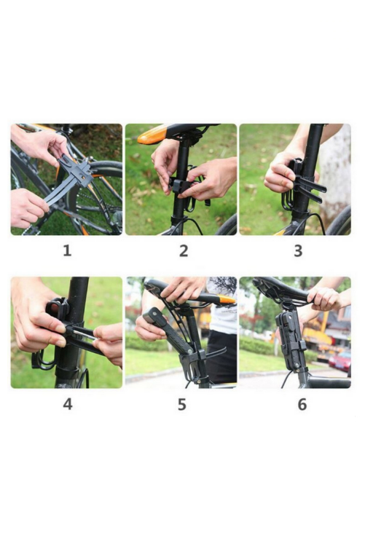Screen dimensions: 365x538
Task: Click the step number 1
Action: tap(67, 250)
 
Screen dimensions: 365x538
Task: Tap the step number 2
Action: tap(184, 251)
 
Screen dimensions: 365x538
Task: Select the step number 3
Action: tap(298, 251)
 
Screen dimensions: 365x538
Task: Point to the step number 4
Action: tap(68, 404)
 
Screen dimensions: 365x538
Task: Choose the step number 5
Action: tap(182, 405)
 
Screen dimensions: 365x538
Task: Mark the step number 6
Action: tap(302, 405)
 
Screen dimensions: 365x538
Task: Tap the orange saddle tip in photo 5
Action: tap(227, 299)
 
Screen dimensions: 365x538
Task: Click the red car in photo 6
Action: tap(340, 361)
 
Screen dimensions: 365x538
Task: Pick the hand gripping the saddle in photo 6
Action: tap(323, 298)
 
